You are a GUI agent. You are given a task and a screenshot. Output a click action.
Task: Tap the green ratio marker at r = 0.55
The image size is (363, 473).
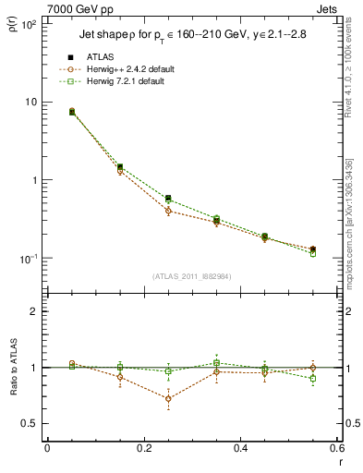313,379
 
